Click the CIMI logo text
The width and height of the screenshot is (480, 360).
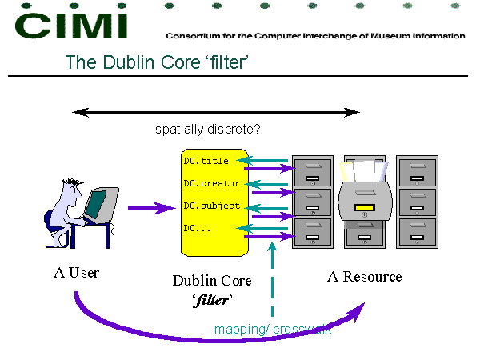point(71,26)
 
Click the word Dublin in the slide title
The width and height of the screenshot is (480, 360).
point(129,62)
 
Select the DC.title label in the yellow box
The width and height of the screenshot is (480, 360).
point(206,161)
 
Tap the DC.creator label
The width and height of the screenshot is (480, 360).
point(211,183)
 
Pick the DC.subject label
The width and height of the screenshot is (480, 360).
point(211,206)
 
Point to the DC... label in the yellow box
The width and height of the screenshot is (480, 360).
point(197,228)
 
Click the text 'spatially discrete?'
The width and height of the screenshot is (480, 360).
point(207,129)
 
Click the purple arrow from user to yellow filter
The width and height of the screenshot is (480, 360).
point(152,208)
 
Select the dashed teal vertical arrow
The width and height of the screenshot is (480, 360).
point(272,279)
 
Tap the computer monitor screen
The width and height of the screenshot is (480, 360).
point(96,204)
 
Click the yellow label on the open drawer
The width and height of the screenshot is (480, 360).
point(364,207)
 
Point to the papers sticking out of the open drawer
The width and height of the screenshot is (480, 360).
point(364,171)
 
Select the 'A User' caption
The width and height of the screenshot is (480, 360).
point(76,273)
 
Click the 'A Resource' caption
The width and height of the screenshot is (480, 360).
point(364,277)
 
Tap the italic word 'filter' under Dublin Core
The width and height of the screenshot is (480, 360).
point(212,300)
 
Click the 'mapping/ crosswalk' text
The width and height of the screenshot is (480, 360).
point(273,330)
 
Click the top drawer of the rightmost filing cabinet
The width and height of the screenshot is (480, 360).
point(418,172)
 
